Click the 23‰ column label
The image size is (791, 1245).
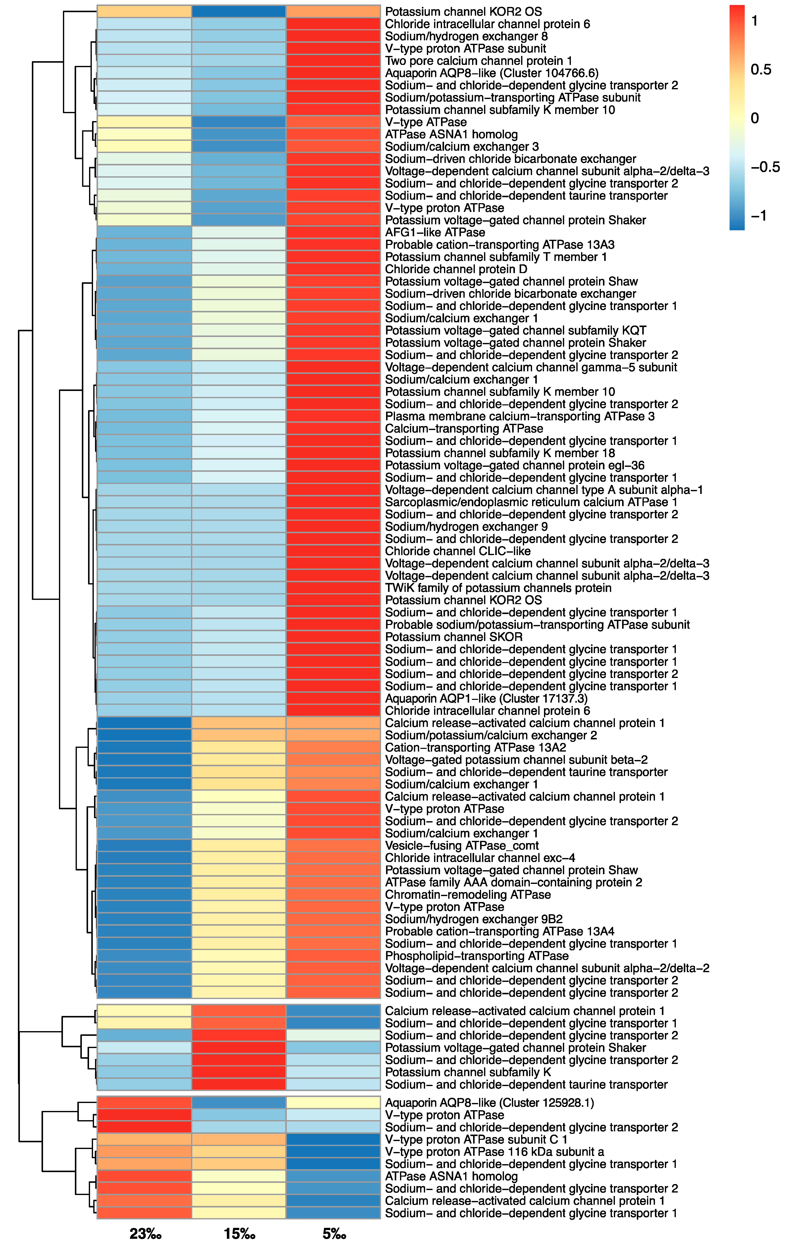pos(145,1234)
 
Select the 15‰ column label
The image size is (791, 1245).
pos(239,1234)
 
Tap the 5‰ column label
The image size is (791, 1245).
pos(334,1234)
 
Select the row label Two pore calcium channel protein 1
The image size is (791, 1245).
pos(478,61)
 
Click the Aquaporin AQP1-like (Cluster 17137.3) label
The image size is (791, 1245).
pos(486,699)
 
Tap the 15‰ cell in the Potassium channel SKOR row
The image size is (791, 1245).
pos(239,637)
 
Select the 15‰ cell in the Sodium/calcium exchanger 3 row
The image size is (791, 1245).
pos(239,147)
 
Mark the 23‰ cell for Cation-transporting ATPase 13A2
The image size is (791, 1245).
pos(144,748)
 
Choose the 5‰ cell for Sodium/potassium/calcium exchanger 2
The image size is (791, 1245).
pos(334,735)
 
